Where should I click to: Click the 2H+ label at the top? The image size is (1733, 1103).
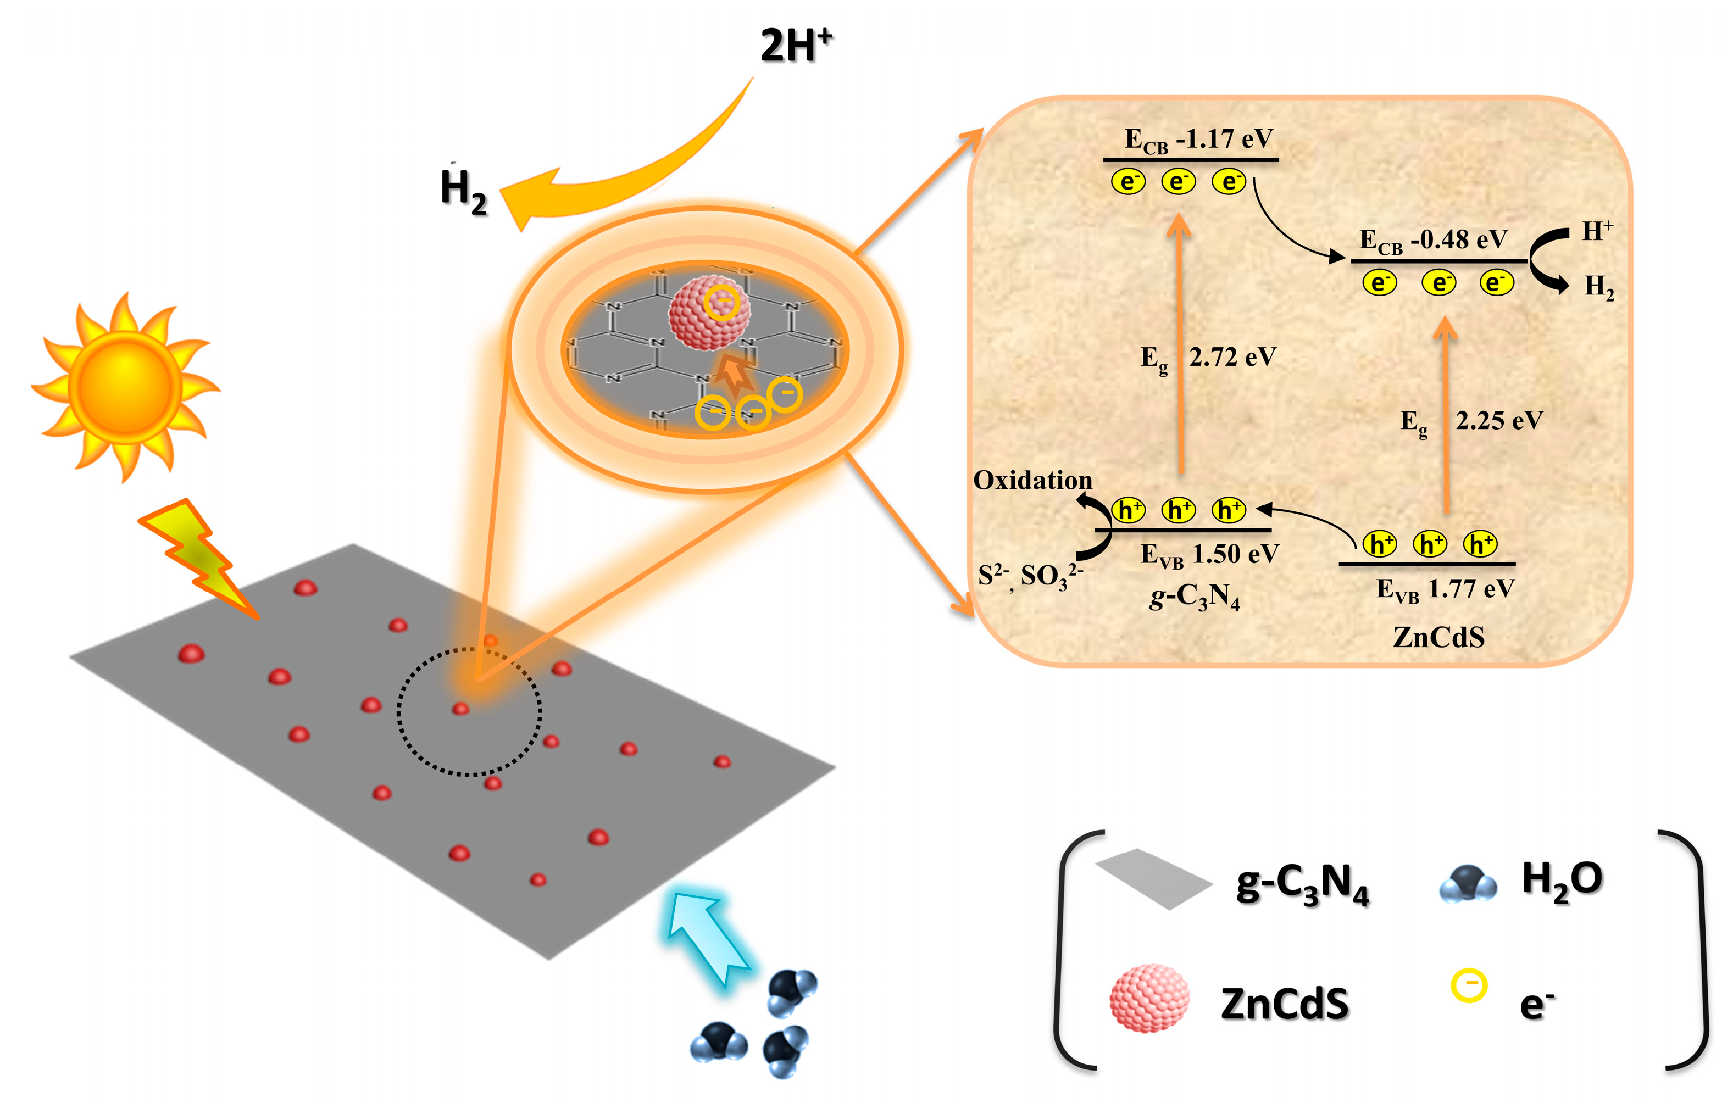tap(795, 46)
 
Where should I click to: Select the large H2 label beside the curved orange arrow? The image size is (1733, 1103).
tap(463, 191)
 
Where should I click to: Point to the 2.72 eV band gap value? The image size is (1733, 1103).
tap(1232, 358)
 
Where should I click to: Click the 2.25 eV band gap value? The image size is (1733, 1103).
tap(1499, 421)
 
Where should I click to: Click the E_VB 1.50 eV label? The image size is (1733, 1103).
tap(1209, 555)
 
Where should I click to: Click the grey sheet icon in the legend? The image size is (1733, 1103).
tap(1153, 878)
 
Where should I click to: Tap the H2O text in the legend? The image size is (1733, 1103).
tap(1562, 880)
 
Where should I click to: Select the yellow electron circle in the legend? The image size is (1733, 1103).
tap(1468, 985)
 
